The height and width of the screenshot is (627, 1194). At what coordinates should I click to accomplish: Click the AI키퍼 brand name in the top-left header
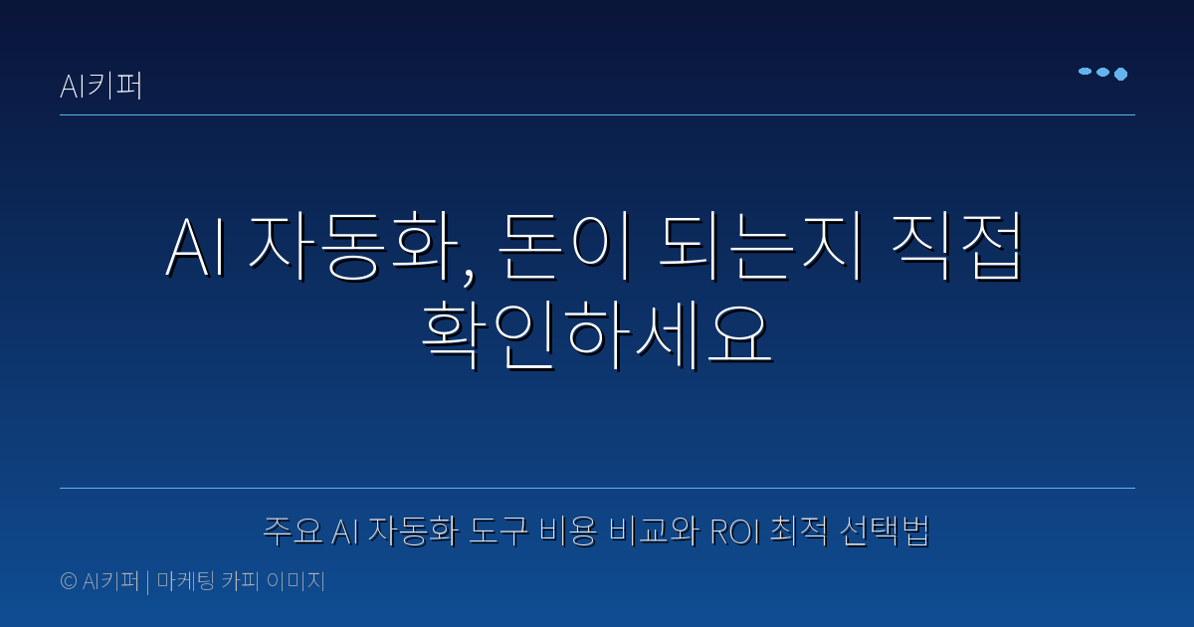click(101, 87)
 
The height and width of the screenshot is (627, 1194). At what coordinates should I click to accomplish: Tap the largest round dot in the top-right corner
click(1120, 74)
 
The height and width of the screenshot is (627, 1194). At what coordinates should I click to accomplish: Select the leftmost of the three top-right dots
click(1085, 72)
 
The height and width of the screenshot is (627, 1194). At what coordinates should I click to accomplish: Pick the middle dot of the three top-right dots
click(1102, 73)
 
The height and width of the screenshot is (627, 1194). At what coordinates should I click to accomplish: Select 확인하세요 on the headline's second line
click(597, 335)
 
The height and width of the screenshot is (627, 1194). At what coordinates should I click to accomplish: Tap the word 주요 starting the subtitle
click(293, 531)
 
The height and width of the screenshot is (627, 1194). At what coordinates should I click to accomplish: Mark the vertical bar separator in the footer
click(147, 582)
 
